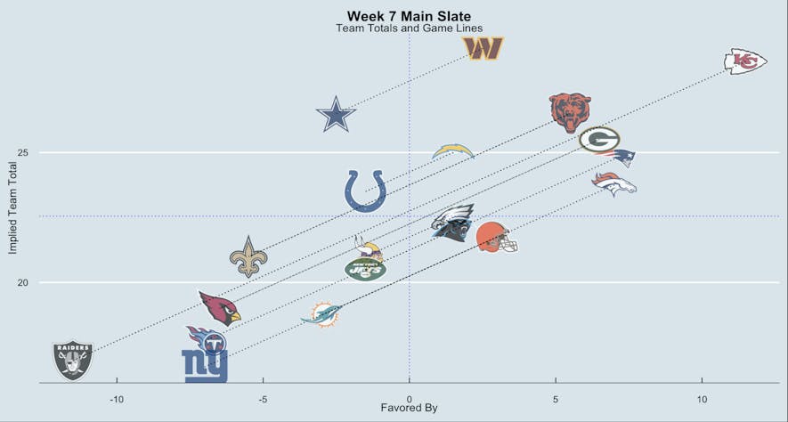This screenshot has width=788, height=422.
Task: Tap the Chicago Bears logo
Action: [570, 111]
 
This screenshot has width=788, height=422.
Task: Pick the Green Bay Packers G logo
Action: [598, 140]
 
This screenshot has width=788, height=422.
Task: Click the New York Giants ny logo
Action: [205, 364]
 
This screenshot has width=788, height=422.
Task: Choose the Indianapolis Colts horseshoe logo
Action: [365, 191]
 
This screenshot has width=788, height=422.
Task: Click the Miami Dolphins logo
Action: [321, 313]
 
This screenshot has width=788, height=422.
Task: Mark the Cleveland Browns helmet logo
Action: [496, 238]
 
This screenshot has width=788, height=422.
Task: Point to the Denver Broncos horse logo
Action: [614, 183]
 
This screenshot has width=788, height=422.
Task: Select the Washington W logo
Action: [483, 49]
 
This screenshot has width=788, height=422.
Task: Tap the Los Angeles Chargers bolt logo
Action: [453, 150]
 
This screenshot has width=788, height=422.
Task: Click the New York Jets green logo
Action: [365, 268]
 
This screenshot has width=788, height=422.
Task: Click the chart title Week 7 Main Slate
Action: [409, 16]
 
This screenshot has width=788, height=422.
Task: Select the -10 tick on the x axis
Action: [116, 398]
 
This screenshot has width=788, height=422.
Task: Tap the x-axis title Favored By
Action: [409, 409]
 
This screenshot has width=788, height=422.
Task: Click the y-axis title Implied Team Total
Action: [12, 207]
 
